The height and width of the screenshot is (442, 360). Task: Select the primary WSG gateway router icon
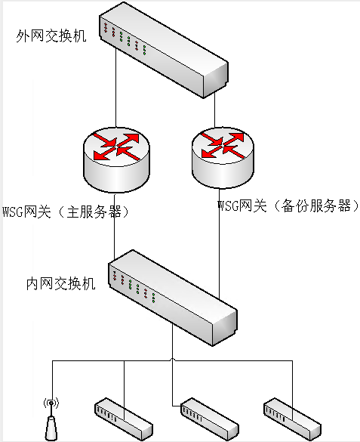[115, 159]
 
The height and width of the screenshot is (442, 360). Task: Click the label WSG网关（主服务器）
[67, 212]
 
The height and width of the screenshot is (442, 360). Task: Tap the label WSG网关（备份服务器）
[288, 206]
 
